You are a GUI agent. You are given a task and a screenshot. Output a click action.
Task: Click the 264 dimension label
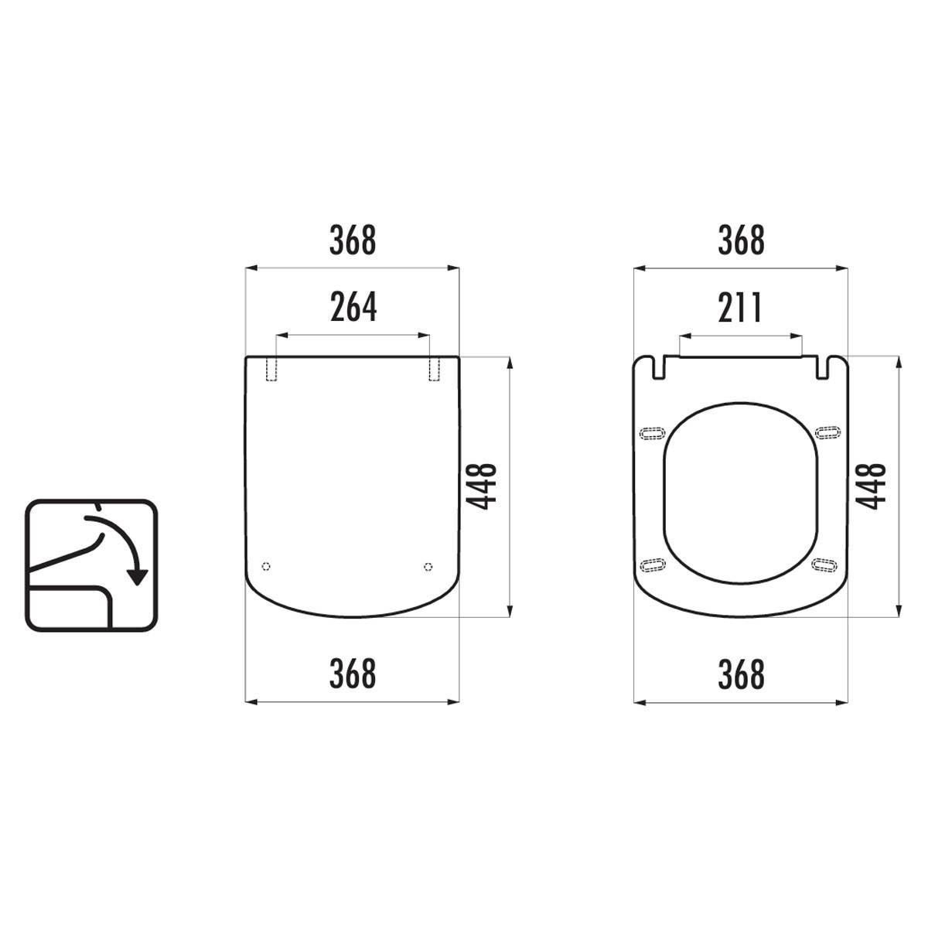coord(353,307)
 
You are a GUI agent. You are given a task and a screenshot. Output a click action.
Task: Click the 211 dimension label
coord(740,307)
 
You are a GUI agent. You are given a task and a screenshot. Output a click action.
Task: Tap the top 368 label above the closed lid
coord(353,241)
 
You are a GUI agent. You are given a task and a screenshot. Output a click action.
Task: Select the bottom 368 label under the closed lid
coord(353,674)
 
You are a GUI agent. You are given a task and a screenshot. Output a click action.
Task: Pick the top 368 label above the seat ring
coord(741,241)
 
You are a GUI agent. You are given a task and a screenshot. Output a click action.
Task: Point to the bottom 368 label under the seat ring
coord(741,674)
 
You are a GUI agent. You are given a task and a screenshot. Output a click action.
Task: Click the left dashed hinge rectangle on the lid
coord(272,370)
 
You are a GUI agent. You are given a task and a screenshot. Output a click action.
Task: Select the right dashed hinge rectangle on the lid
coord(434,370)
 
